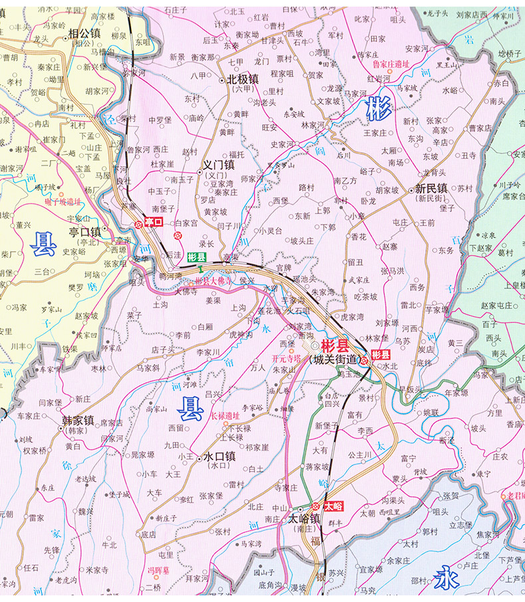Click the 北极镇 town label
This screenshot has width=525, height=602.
(243, 78)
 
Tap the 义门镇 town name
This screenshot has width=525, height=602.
(219, 164)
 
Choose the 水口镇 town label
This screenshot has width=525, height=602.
(220, 456)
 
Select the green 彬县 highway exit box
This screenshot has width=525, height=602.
(197, 256)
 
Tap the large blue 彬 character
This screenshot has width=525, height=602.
(379, 108)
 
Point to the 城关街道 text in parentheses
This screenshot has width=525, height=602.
(334, 359)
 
